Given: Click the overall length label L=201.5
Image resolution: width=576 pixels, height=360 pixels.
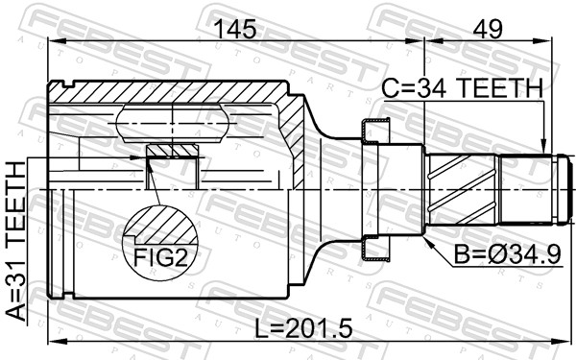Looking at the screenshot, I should (x=305, y=328).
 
